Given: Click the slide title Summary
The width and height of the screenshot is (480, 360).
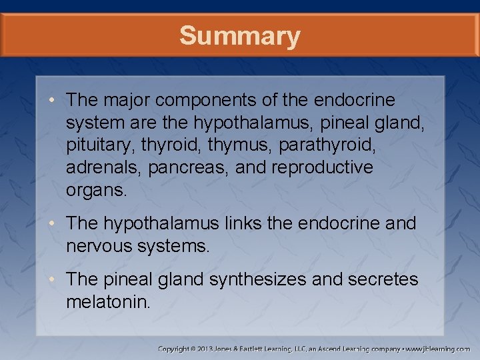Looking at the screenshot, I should tap(239, 35).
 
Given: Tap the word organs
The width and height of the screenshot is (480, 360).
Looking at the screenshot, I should tap(96, 189).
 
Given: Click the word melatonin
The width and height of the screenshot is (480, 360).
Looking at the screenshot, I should tap(109, 301).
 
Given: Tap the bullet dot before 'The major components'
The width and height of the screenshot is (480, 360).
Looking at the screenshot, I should tap(57, 101).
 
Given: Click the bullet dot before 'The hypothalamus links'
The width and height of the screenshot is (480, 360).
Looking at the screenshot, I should tap(57, 223).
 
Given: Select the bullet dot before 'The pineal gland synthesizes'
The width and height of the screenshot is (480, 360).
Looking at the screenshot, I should tap(57, 279).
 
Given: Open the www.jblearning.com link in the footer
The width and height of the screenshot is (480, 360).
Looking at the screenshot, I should tap(439, 349).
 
